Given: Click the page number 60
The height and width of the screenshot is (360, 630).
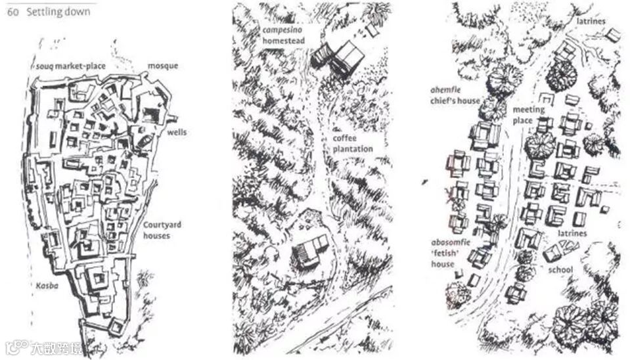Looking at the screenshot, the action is coord(13,12).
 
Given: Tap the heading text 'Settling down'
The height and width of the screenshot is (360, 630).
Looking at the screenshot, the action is coord(58,12).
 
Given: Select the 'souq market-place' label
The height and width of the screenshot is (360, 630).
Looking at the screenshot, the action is coord(71,66).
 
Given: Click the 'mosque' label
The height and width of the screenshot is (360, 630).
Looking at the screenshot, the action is coord(163,66).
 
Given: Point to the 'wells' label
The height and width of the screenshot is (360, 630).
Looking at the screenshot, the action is coord(177,132).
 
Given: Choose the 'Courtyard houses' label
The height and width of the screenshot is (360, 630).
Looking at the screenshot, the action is coord(162,230).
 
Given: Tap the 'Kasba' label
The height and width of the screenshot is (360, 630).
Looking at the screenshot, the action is coord(47,286).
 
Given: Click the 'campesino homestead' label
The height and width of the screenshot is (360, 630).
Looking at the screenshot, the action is coord(284,35).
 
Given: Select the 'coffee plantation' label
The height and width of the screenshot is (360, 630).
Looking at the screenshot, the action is coord(353,143).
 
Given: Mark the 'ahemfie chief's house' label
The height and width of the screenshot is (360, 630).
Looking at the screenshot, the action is coord(455,96).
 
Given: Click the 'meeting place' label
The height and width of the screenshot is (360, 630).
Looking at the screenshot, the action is coord(528,115).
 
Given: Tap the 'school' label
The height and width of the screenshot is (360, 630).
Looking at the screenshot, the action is coord(560,269).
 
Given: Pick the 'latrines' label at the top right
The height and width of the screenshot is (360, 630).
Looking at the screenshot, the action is coord(591,21).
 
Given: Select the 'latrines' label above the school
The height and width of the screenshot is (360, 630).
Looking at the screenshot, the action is coord(572,233).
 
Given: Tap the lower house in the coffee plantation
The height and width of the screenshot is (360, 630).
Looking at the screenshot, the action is coord(310,251).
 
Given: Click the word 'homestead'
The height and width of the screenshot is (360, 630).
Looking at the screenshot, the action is coord(284,41).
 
